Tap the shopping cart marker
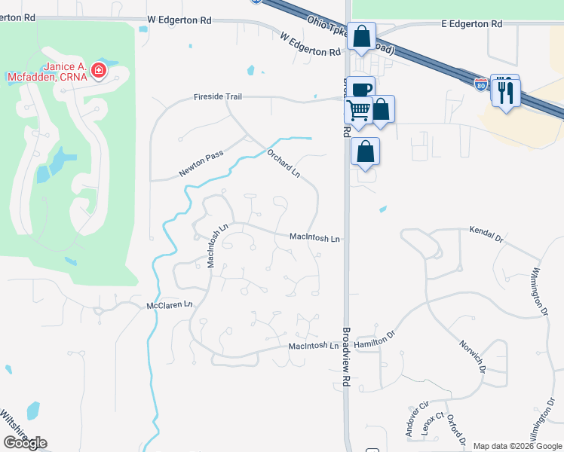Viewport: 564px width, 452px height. (357, 110)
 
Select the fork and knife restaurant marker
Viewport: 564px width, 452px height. (506, 93)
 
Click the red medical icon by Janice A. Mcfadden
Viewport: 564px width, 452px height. (98, 71)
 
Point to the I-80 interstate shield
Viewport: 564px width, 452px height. (481, 85)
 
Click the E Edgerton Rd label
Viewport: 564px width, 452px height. (471, 24)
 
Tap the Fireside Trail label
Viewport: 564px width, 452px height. (218, 97)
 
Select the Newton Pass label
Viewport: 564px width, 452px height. (201, 162)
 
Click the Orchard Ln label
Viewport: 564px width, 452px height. (284, 163)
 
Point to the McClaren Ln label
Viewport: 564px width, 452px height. (170, 305)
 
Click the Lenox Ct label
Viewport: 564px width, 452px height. (434, 428)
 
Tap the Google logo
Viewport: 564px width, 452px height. (25, 443)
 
